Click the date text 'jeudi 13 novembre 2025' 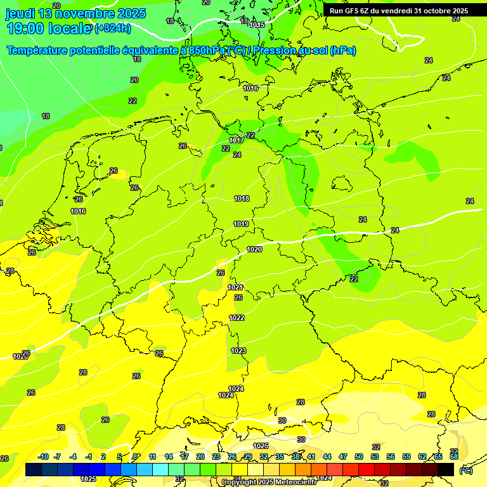coord(75,13)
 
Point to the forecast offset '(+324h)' coord(112,29)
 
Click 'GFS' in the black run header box coord(354,11)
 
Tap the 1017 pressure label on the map coord(237,140)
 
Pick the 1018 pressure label coord(242,198)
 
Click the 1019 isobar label coord(241,224)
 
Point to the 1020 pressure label coord(254,249)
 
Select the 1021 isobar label coord(235,287)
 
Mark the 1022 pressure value coord(237,318)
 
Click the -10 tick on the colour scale coord(43,457)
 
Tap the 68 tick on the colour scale coord(454,457)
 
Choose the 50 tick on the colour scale coord(359,457)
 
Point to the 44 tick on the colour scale coord(327,457)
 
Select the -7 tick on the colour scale coord(57,457)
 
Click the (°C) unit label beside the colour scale coord(466,471)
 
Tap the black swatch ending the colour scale coord(446,469)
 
